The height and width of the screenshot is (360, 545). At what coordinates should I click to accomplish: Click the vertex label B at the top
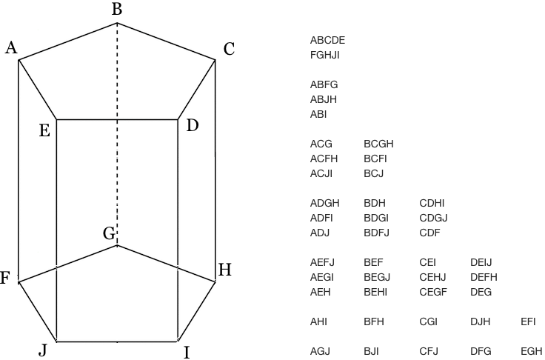116,10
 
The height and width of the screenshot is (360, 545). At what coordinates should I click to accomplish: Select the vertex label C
229,50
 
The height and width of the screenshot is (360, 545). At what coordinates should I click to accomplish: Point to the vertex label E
44,131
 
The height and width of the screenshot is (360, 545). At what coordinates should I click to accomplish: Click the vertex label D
193,126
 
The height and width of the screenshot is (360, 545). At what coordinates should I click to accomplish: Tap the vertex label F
4,279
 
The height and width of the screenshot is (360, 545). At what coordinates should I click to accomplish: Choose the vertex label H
225,270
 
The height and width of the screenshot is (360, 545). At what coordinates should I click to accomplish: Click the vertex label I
187,352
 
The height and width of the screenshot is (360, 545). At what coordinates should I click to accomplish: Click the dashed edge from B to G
116,133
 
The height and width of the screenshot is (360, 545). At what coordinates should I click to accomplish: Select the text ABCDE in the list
327,40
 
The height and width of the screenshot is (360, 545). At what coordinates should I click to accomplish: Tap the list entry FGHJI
325,55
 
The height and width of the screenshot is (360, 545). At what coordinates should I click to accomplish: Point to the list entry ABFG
324,84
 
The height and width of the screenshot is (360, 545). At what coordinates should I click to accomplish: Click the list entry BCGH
378,144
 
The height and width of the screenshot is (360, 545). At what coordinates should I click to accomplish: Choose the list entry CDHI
432,203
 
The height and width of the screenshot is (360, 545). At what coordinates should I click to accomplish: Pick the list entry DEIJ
481,262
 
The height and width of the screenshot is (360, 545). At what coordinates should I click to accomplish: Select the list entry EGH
532,351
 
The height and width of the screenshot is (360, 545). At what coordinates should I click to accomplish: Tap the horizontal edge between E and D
117,119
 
